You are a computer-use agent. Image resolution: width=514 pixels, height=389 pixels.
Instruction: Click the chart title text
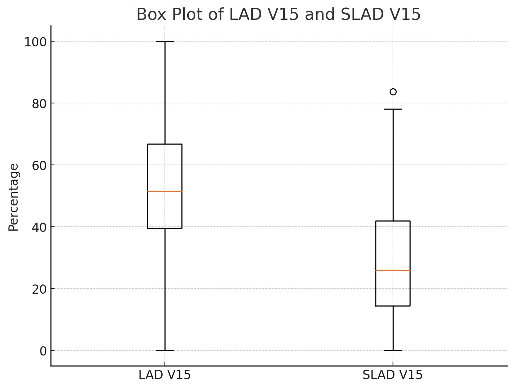278,15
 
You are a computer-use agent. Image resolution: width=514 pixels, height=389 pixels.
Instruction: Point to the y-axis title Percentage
14,197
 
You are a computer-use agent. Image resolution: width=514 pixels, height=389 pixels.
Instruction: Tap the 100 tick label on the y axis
35,42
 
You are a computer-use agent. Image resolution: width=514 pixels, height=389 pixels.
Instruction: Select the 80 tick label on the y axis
39,104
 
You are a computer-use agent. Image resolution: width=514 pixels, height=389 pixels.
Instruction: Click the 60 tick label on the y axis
39,166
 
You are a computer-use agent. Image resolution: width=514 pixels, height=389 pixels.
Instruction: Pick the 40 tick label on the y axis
39,227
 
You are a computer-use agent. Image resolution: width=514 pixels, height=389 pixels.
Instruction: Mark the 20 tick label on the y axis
39,289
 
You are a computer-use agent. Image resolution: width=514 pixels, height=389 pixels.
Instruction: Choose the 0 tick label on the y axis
43,351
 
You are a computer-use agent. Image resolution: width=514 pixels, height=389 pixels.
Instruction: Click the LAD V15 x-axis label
164,375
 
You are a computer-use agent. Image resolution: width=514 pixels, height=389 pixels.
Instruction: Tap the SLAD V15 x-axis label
393,375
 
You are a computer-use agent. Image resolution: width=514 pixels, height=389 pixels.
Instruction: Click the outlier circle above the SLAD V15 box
393,92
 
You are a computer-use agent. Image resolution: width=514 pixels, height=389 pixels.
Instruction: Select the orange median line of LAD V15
164,191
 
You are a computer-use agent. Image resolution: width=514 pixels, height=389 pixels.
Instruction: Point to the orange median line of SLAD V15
393,270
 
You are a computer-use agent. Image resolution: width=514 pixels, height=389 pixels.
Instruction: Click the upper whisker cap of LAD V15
164,41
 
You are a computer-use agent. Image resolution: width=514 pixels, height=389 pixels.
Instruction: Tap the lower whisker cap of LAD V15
164,350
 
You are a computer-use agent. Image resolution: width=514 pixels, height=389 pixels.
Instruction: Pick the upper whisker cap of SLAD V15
393,109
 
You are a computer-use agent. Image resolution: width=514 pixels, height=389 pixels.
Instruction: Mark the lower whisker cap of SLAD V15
393,350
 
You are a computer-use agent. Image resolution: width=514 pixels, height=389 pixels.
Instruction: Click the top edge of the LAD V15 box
164,144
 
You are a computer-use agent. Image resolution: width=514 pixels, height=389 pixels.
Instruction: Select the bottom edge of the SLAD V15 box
393,306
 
